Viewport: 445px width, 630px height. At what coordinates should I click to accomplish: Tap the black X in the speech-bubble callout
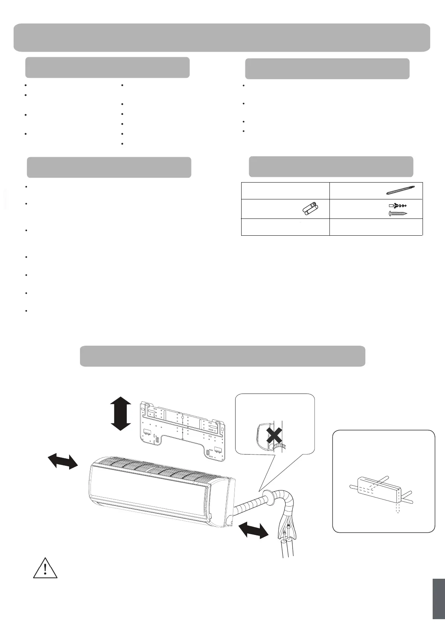274,435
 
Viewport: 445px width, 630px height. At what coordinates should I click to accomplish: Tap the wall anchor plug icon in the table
398,205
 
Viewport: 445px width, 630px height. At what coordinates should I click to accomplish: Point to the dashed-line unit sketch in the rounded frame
380,489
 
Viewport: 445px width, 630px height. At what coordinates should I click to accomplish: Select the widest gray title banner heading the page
222,37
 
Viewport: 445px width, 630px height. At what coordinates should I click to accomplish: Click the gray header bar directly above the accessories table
331,166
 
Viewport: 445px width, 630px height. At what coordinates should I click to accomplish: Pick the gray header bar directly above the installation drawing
222,356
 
